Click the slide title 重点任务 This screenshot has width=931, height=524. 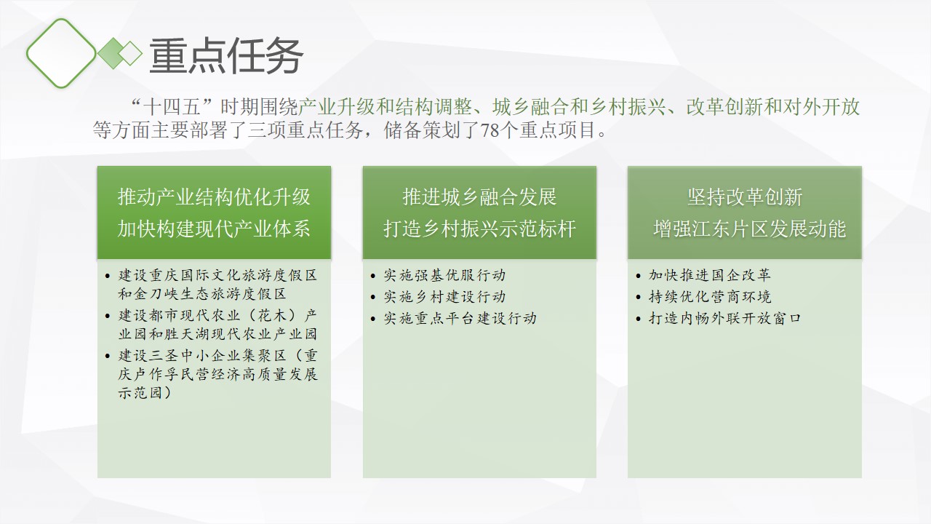tap(225, 56)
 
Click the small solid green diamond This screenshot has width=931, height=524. tap(113, 53)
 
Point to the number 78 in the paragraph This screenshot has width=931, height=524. tap(490, 130)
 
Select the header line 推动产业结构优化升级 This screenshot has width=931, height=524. tap(214, 196)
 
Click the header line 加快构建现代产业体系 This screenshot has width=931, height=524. tap(214, 229)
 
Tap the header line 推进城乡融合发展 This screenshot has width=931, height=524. tap(479, 196)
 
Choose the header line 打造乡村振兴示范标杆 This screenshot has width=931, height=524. tap(479, 229)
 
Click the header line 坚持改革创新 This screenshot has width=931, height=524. tap(744, 196)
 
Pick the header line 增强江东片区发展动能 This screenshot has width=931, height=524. tap(749, 229)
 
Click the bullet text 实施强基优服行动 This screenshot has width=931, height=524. tap(444, 275)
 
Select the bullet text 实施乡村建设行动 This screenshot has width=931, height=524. tap(444, 296)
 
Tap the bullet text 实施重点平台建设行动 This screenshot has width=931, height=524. tap(460, 318)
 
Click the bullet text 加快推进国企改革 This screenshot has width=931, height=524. tap(709, 275)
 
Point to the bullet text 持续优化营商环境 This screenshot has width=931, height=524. tap(709, 296)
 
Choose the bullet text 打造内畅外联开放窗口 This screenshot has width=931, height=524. tap(725, 318)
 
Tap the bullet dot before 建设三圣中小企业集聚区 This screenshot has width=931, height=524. tap(108, 356)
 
